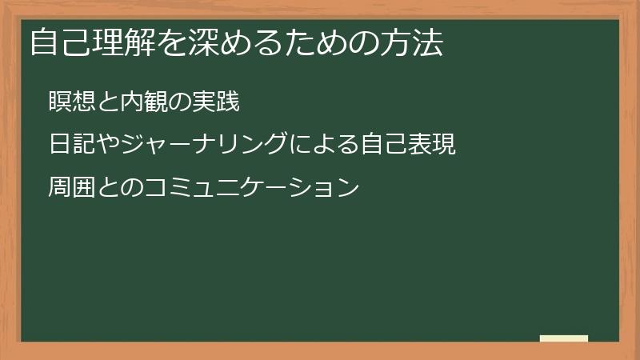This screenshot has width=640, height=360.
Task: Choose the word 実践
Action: click(216, 102)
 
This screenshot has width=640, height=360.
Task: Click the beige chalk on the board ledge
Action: click(564, 338)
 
